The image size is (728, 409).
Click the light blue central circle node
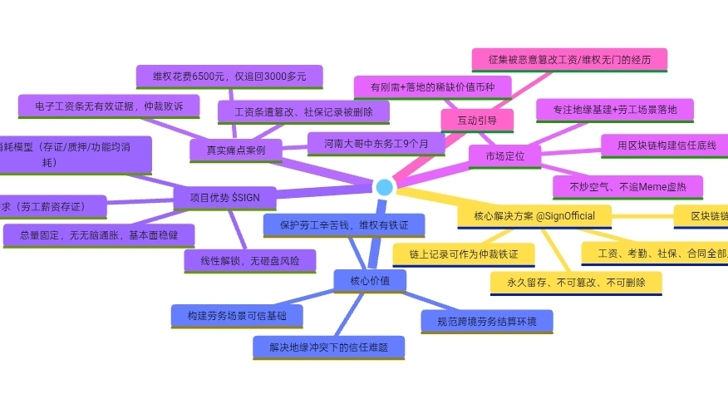[x=384, y=187]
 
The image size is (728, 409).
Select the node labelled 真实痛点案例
[x=236, y=150]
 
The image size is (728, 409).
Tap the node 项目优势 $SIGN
[x=224, y=198]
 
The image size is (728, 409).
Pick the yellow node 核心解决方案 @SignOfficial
[x=534, y=216]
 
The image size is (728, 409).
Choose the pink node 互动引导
[x=477, y=121]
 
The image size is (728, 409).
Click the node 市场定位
[x=505, y=155]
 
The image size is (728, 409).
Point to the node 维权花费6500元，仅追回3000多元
[x=229, y=76]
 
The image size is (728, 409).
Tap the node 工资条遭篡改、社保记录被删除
[x=303, y=111]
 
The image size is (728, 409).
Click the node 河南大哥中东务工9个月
[x=377, y=144]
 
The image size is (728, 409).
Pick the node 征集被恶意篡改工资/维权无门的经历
[x=569, y=60]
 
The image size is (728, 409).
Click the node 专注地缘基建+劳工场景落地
[x=614, y=109]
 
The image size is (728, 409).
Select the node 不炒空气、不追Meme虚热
[x=628, y=185]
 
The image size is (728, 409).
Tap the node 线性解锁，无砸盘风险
[x=250, y=260]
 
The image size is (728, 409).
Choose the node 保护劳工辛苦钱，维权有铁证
[x=344, y=224]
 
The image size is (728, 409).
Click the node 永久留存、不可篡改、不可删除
[x=576, y=283]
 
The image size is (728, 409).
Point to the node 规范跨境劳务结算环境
[x=487, y=320]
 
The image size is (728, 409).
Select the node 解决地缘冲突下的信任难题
[x=328, y=347]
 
